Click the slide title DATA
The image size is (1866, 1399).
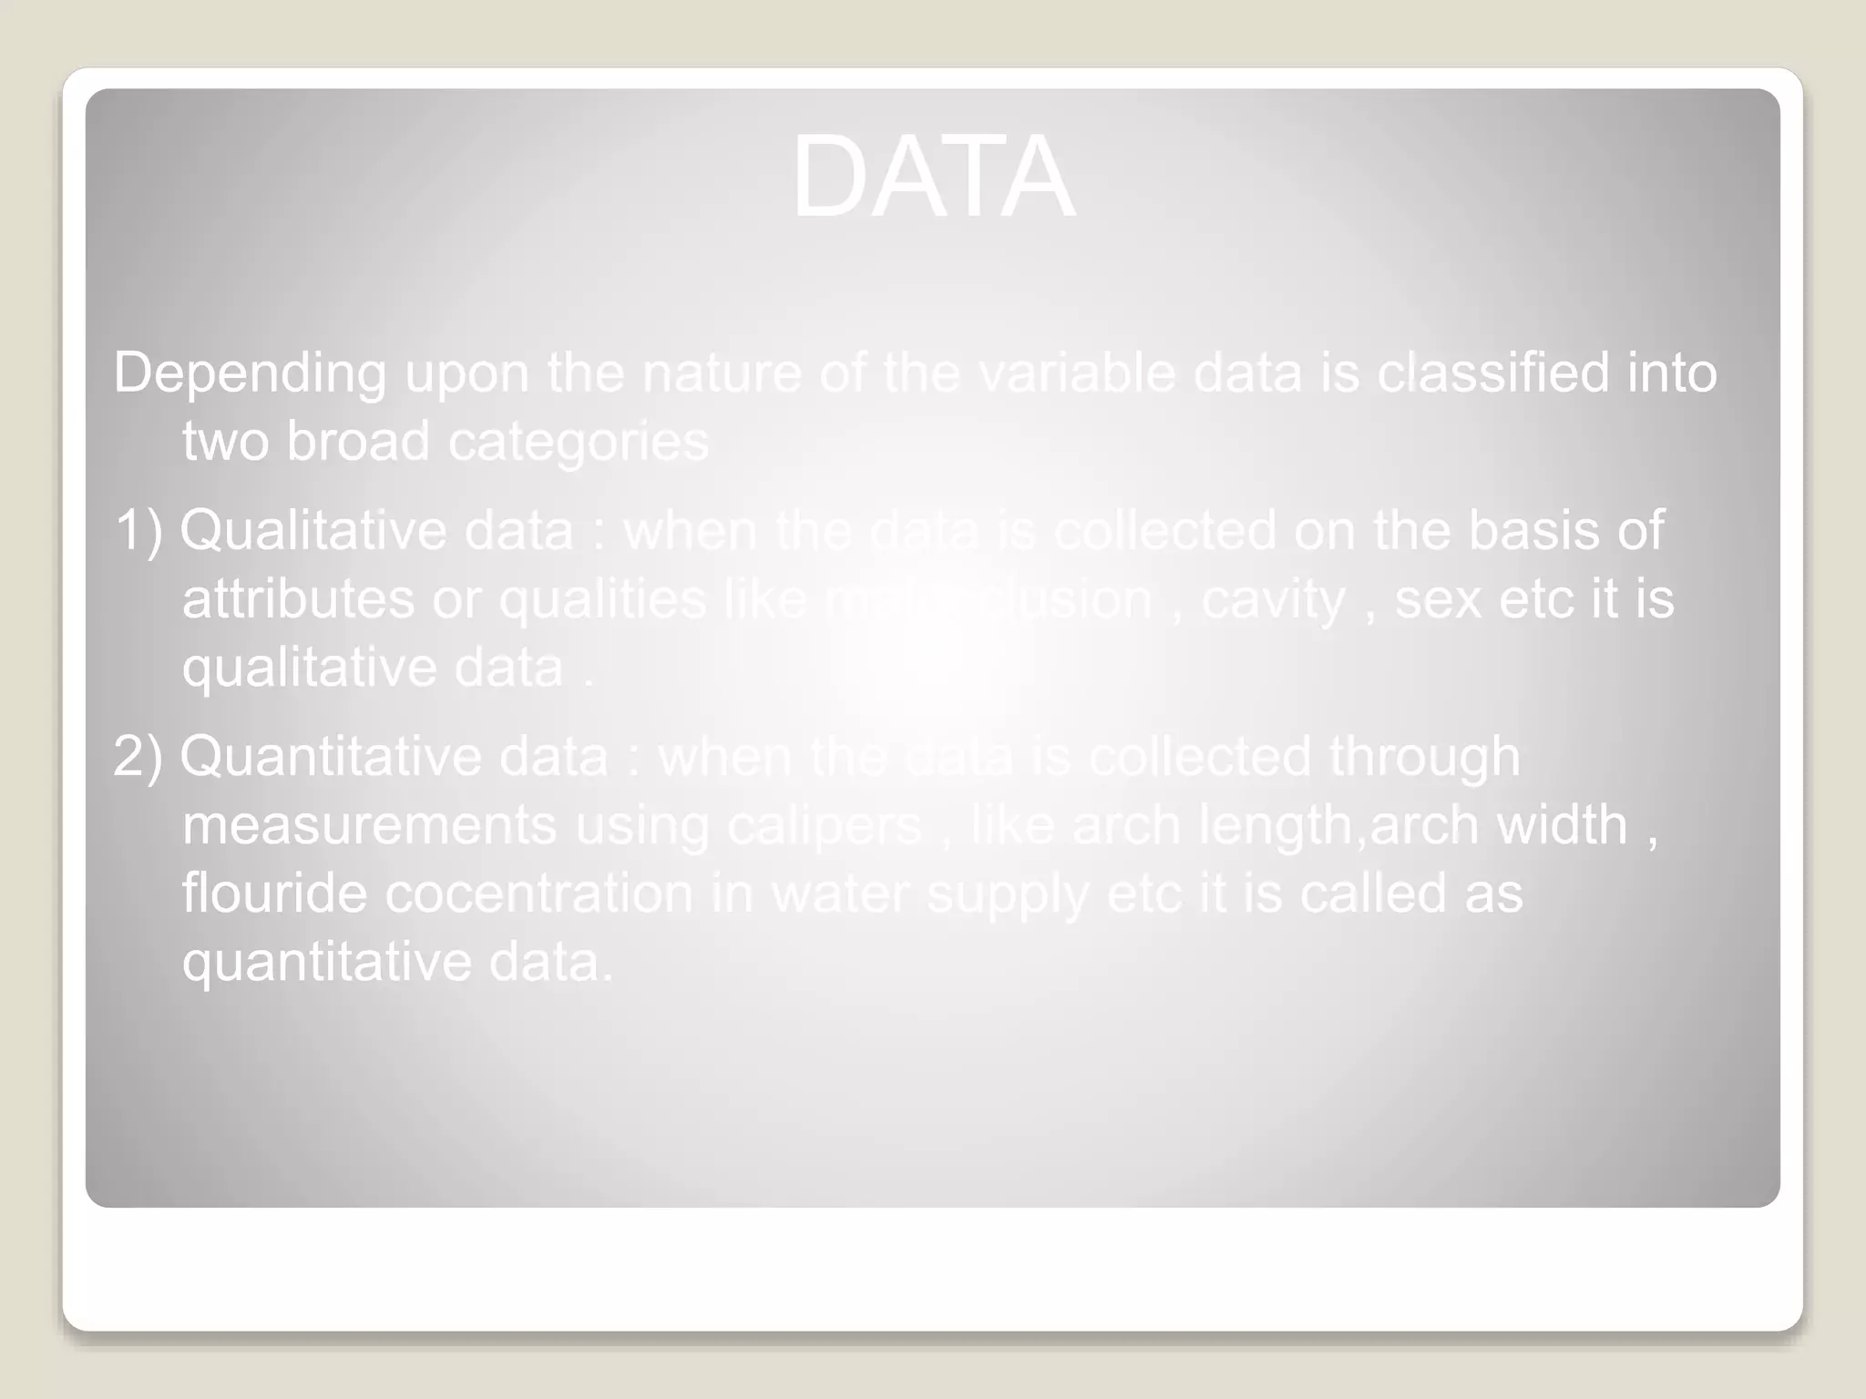933,177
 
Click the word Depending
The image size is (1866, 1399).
250,374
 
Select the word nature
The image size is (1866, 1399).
721,373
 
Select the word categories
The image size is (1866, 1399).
578,443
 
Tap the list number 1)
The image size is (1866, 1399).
138,530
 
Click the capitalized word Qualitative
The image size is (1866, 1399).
313,530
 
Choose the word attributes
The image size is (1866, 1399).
298,599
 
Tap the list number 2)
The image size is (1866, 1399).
138,757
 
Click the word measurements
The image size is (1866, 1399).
369,825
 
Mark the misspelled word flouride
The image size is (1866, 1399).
274,893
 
